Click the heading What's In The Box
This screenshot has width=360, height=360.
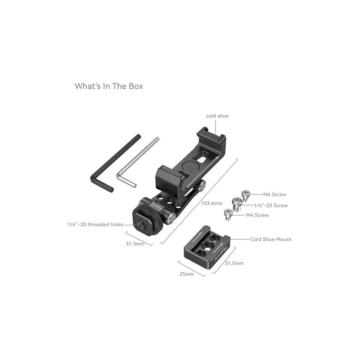click(109, 86)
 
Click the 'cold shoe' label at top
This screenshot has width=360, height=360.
click(217, 116)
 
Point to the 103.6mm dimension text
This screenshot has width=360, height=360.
click(212, 203)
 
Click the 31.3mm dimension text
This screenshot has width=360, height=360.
click(135, 243)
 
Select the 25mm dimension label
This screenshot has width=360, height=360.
click(187, 274)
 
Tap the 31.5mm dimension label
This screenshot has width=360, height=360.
click(234, 263)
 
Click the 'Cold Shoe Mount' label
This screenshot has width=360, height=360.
click(271, 239)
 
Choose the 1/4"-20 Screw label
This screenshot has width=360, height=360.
click(271, 206)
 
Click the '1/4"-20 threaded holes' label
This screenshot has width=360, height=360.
click(95, 225)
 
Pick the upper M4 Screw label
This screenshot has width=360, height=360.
click(275, 194)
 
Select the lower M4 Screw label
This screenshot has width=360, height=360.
click(257, 215)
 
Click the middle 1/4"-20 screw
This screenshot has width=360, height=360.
click(237, 204)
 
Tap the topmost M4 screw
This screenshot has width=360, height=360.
click(245, 195)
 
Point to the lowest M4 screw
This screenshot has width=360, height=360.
click(229, 215)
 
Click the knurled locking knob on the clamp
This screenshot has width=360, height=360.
click(152, 215)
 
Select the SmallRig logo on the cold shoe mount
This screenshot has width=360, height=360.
click(221, 253)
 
